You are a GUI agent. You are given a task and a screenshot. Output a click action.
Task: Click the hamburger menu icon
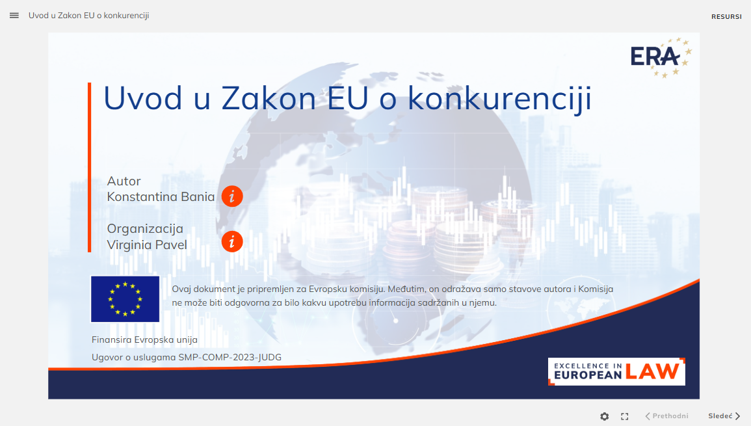pyautogui.click(x=14, y=16)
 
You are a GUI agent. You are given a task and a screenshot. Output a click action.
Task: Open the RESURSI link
pyautogui.click(x=726, y=17)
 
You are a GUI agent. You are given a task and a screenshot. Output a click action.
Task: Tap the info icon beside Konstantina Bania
pyautogui.click(x=232, y=196)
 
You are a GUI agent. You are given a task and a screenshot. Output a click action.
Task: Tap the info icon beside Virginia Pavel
pyautogui.click(x=232, y=241)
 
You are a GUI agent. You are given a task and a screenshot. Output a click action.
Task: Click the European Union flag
pyautogui.click(x=125, y=299)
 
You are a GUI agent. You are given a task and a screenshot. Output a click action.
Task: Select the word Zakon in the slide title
pyautogui.click(x=269, y=98)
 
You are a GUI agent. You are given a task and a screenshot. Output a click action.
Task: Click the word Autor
pyautogui.click(x=124, y=181)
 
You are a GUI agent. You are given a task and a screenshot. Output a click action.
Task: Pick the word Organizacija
pyautogui.click(x=145, y=228)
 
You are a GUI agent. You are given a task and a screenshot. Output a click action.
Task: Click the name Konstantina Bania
pyautogui.click(x=161, y=197)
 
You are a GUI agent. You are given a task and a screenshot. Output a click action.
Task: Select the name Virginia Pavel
pyautogui.click(x=146, y=245)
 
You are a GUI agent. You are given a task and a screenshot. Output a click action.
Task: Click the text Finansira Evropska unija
pyautogui.click(x=144, y=339)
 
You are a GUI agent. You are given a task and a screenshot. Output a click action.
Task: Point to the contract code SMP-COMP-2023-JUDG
pyautogui.click(x=230, y=358)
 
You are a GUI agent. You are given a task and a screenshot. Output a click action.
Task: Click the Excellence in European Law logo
pyautogui.click(x=616, y=371)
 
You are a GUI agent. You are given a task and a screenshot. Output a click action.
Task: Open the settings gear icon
pyautogui.click(x=605, y=416)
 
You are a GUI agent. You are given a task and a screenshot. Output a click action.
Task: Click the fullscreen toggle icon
pyautogui.click(x=625, y=416)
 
